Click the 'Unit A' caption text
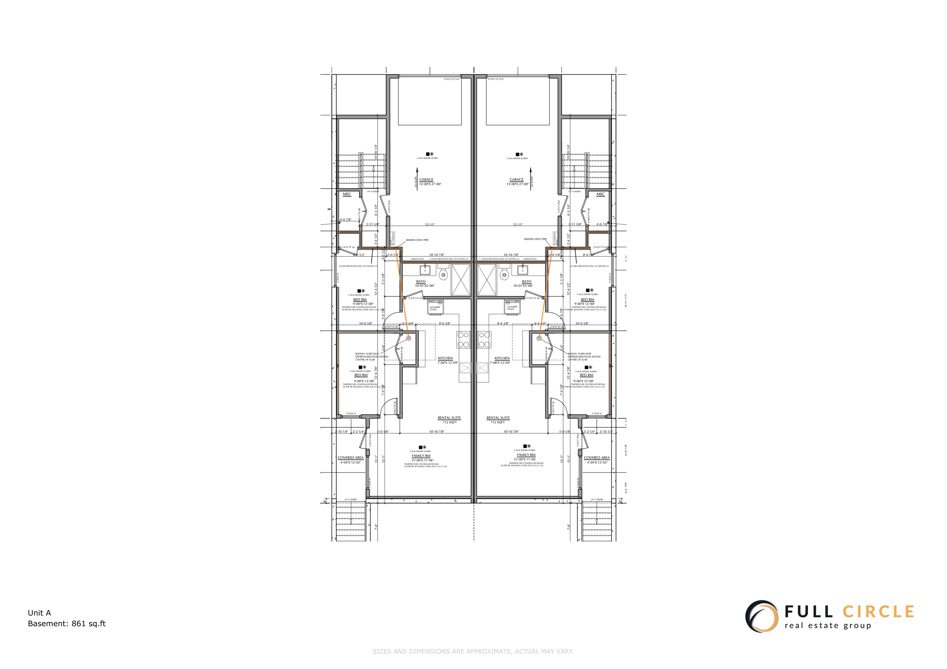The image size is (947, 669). click(39, 613)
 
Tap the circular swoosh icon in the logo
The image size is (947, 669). click(761, 617)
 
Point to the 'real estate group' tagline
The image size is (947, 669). click(828, 626)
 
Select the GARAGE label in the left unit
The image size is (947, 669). click(426, 180)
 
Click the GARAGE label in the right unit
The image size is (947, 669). click(516, 180)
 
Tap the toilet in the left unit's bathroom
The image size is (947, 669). click(444, 274)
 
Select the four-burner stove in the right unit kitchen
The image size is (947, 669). click(484, 340)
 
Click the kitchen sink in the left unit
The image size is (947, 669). click(465, 367)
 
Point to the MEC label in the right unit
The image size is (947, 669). click(601, 194)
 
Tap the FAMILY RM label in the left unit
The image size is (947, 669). click(421, 456)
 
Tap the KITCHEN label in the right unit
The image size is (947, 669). click(502, 358)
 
